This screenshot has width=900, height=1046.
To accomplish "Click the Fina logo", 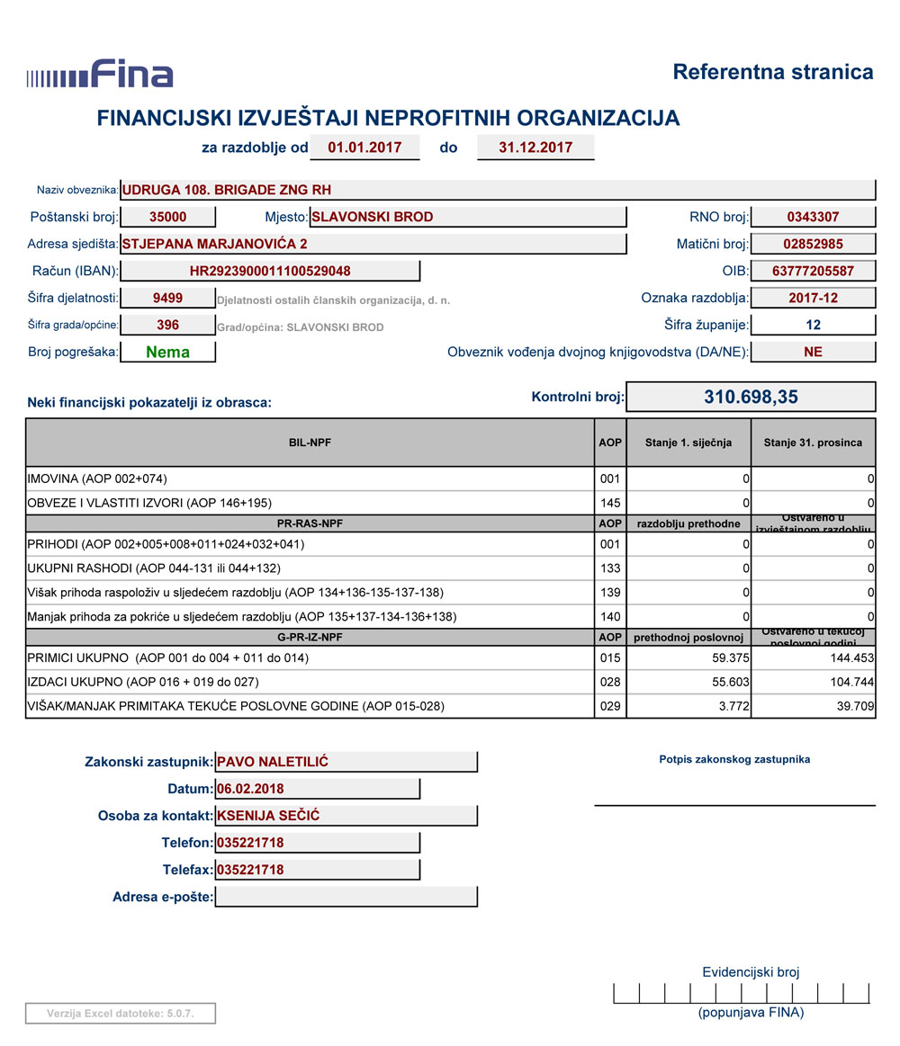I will click(100, 74).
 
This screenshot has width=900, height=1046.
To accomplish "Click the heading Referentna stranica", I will click(772, 72).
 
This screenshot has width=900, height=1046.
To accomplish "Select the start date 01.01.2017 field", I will click(364, 148).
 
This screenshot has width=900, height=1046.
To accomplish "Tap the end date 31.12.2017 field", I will click(535, 148).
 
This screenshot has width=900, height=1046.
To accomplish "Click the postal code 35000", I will click(167, 217).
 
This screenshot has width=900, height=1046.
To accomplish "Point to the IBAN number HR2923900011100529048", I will click(270, 271).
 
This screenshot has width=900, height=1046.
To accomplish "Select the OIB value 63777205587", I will click(813, 271).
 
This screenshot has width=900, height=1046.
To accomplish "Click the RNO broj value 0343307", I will click(813, 217).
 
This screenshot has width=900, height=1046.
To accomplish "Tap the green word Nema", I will click(167, 353).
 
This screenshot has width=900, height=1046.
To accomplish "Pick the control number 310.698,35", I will click(750, 397).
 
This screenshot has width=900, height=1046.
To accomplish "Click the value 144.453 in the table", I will click(851, 658).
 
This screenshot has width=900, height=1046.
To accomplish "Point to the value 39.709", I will click(854, 707).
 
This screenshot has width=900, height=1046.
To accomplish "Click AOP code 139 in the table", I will click(610, 593).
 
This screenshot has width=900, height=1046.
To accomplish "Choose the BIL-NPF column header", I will click(310, 443).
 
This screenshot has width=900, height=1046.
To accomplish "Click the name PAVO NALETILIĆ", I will click(273, 762).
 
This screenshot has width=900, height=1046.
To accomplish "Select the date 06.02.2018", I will click(250, 789).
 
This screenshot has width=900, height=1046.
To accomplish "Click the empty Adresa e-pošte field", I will click(346, 897).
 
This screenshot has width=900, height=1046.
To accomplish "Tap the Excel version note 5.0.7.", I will click(120, 1014).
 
